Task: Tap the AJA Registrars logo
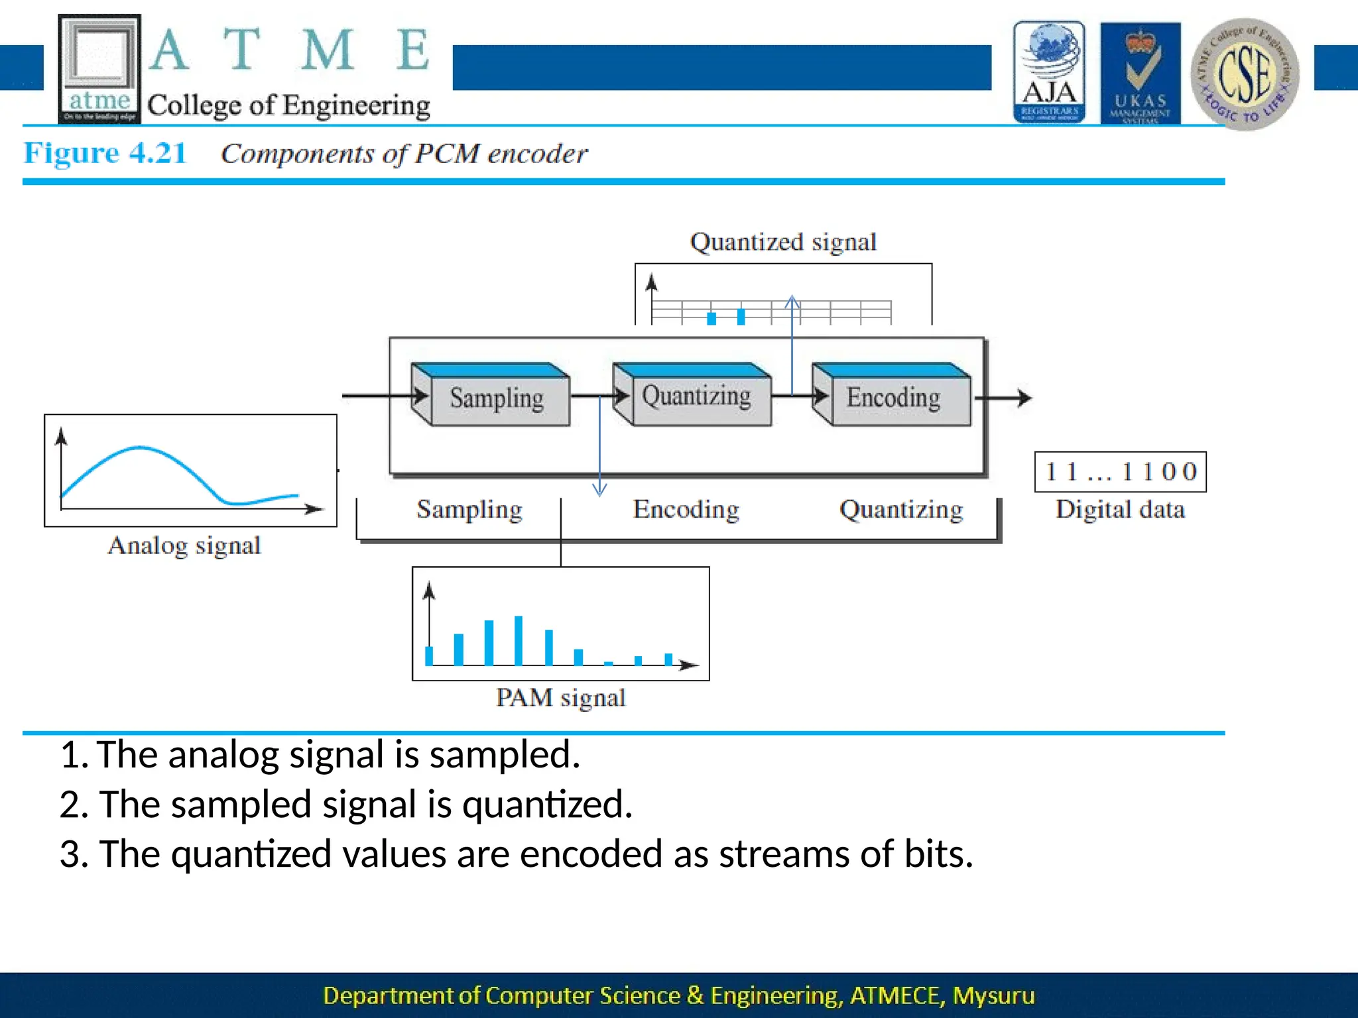point(1049,72)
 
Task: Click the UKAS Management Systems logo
point(1140,73)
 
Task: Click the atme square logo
point(99,69)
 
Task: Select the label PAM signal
point(560,698)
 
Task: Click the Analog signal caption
point(184,545)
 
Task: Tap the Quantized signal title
point(783,242)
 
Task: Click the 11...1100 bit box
point(1120,472)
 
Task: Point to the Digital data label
point(1120,509)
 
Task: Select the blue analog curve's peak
point(139,449)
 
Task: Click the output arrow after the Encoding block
point(1005,398)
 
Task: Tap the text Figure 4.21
point(105,153)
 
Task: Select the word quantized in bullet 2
point(546,804)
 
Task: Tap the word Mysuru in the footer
point(993,995)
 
